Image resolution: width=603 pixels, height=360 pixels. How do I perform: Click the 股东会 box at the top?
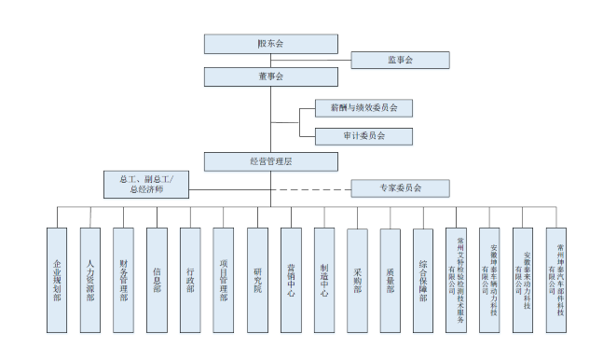(x=270, y=44)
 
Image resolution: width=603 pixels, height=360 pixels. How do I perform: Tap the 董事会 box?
(x=270, y=76)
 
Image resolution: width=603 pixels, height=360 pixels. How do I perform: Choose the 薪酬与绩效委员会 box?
(x=363, y=108)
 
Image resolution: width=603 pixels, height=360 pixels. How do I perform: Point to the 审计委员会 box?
(x=363, y=136)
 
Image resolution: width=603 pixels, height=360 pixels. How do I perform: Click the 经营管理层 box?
(x=270, y=161)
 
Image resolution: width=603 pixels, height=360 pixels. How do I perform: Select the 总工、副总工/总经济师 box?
(x=146, y=184)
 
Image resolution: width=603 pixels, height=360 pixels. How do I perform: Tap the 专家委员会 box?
(x=400, y=188)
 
